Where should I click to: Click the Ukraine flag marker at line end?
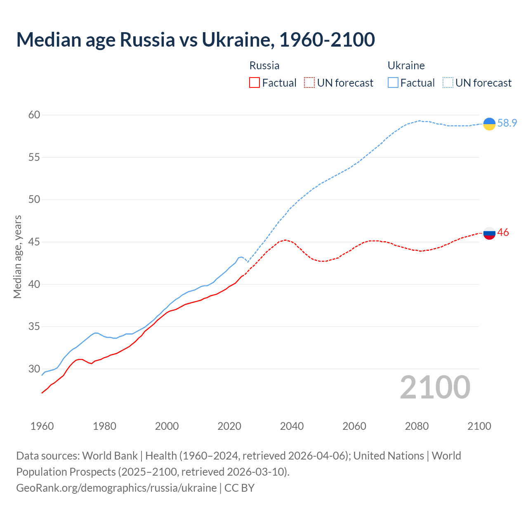tap(489, 124)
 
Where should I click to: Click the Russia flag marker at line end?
tap(489, 233)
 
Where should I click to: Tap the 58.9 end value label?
tap(507, 123)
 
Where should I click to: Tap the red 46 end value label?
tap(503, 232)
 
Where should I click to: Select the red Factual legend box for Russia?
tap(255, 83)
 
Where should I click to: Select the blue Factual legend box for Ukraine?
tap(393, 83)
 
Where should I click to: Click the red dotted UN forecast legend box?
tap(309, 83)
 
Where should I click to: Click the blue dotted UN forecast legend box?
tap(448, 83)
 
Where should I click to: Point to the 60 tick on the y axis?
tap(34, 115)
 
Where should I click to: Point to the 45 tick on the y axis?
tap(34, 242)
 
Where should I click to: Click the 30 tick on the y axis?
tap(34, 369)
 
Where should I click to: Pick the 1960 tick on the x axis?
tap(42, 426)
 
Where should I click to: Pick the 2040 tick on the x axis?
tap(292, 426)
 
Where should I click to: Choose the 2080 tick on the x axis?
tap(417, 426)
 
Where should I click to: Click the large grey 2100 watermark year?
tap(435, 387)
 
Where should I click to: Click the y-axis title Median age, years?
tap(17, 257)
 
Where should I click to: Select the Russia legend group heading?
tap(264, 66)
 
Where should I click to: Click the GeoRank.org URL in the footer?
tap(116, 488)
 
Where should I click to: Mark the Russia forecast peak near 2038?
tap(285, 240)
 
